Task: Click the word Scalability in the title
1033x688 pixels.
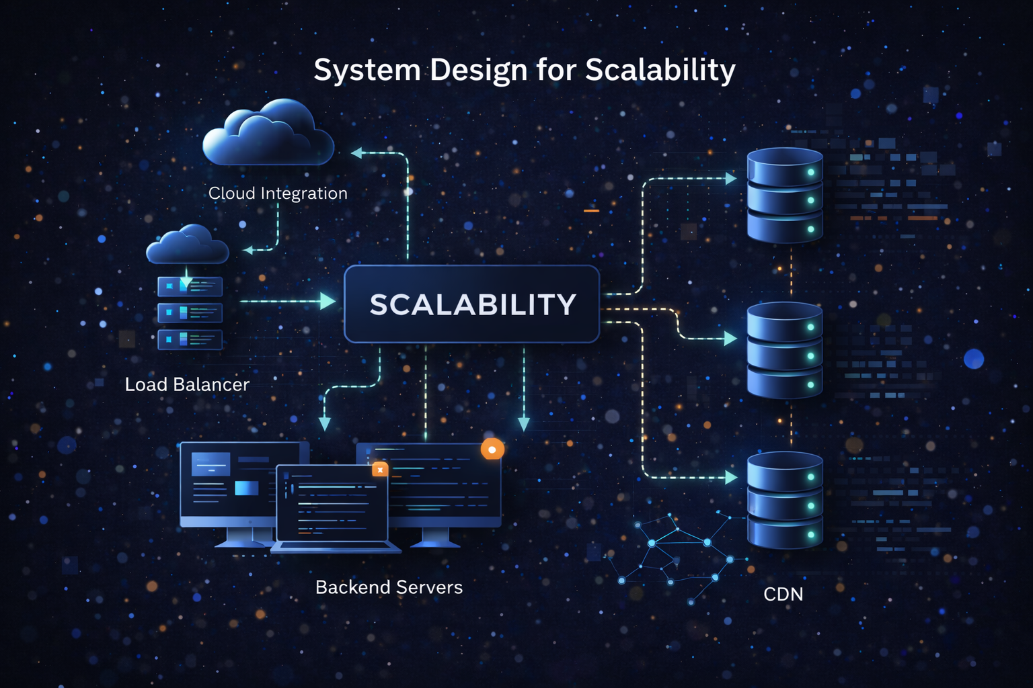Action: click(x=660, y=70)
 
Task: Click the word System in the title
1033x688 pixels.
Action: click(x=367, y=70)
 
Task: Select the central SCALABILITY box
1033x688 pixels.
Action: click(x=471, y=304)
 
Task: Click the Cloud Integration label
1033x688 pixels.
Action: click(x=278, y=193)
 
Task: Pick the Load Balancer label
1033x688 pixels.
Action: click(x=187, y=384)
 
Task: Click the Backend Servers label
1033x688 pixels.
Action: click(x=389, y=587)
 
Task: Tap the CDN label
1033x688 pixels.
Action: click(x=783, y=594)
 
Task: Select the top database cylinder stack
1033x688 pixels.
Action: click(x=785, y=195)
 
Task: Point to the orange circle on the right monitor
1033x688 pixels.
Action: click(x=492, y=449)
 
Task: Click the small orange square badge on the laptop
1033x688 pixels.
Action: click(x=380, y=470)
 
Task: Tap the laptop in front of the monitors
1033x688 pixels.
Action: click(x=333, y=507)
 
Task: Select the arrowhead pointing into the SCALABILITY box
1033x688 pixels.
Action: click(x=328, y=301)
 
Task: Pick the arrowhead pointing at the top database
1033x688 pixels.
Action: click(x=731, y=179)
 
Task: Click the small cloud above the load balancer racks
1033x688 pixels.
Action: click(x=188, y=245)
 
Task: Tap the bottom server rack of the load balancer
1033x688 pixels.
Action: click(x=190, y=340)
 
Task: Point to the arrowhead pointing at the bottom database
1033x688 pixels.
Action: click(x=731, y=478)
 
